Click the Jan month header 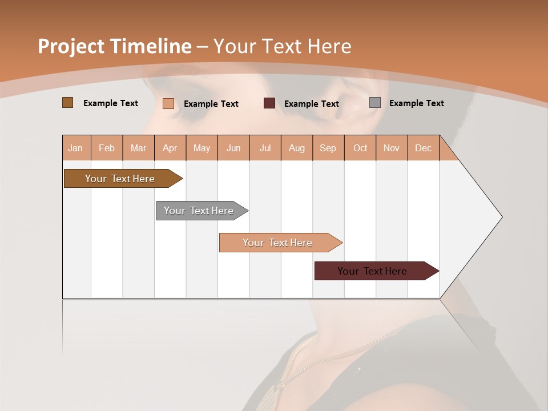point(75,148)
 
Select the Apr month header point(170,148)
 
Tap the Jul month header point(265,148)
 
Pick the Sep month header point(328,148)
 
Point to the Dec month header point(423,148)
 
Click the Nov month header point(391,148)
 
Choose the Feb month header point(107,148)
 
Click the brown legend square point(67,103)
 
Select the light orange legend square point(168,103)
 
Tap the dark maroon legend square point(269,103)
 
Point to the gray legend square point(374,103)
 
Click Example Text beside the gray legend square point(416,103)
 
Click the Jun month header point(233,148)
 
